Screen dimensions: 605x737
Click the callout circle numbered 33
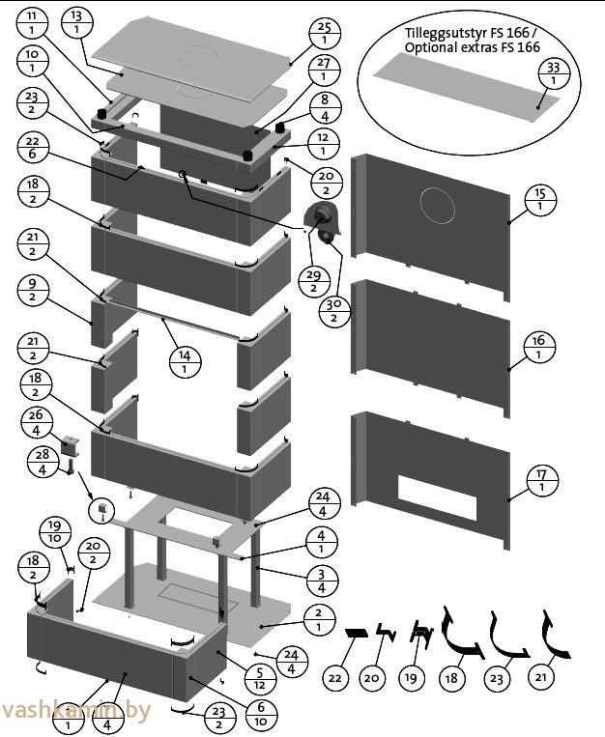(554, 73)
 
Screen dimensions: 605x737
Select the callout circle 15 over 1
(540, 200)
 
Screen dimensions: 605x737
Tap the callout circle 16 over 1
(538, 347)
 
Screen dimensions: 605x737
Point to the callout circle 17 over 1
(542, 480)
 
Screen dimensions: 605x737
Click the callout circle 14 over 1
(185, 362)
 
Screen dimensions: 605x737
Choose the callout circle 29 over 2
(314, 281)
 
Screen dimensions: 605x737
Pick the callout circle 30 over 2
(334, 311)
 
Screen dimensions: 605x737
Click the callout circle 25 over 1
(324, 34)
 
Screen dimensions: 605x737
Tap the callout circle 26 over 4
(36, 422)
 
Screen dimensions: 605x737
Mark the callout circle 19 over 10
(55, 531)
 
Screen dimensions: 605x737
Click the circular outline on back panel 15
(438, 205)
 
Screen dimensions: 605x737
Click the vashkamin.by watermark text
(75, 710)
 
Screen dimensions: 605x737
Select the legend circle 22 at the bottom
(334, 677)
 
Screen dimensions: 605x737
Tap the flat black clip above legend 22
(357, 633)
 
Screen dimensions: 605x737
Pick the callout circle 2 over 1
(319, 619)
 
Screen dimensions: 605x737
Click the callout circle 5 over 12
(259, 678)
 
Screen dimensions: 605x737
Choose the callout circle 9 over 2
(32, 291)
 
